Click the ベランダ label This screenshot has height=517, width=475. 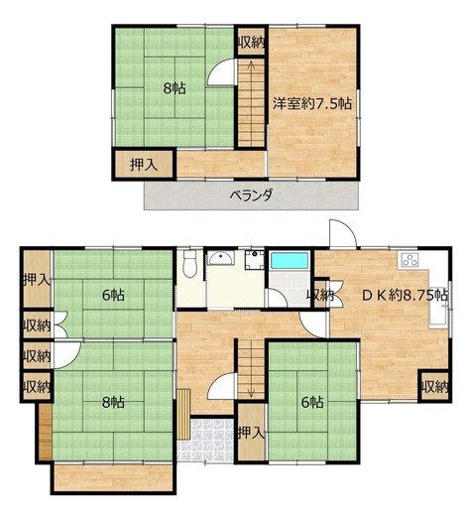tap(251, 195)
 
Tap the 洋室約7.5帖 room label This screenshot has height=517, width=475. tap(312, 104)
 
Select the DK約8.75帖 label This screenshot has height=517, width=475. tap(406, 295)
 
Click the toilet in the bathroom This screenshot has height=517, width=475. tap(189, 264)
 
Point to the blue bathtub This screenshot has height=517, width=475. tap(290, 261)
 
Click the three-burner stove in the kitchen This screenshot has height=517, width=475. tap(410, 260)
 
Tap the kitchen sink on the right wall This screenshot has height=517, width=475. tap(438, 308)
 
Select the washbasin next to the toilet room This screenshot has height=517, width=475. tap(221, 258)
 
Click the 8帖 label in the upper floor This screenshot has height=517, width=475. tap(175, 88)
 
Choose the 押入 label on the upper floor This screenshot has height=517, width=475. tap(144, 165)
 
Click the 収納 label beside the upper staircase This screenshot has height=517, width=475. tap(251, 42)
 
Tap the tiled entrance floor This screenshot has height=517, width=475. tap(206, 440)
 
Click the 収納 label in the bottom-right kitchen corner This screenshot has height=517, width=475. tap(435, 387)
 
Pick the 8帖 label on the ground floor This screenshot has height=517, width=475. tap(113, 403)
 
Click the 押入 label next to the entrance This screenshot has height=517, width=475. tap(252, 433)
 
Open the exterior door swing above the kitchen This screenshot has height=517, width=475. tap(343, 233)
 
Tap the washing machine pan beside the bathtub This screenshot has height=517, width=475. tap(254, 260)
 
